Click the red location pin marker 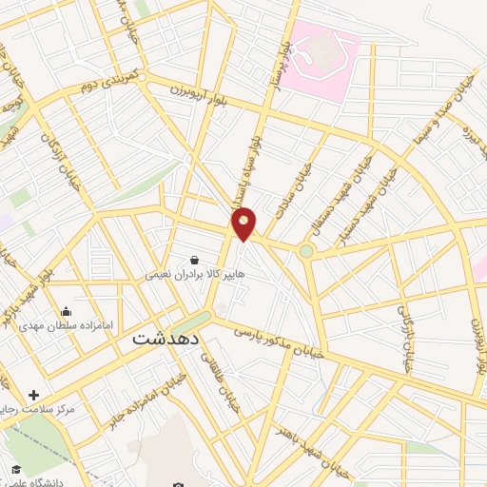[x=244, y=224]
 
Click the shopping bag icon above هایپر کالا [x=195, y=259]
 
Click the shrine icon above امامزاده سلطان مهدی [x=66, y=311]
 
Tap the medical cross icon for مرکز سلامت [x=34, y=395]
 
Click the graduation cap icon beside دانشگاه [x=16, y=469]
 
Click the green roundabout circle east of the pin [x=306, y=252]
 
